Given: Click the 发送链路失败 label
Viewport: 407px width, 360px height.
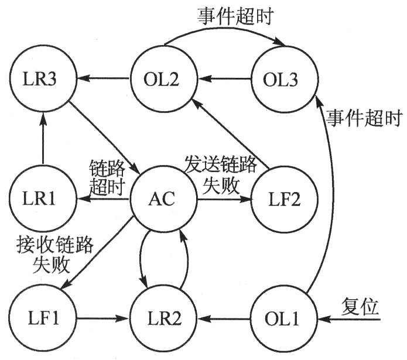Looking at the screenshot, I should [221, 174].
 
